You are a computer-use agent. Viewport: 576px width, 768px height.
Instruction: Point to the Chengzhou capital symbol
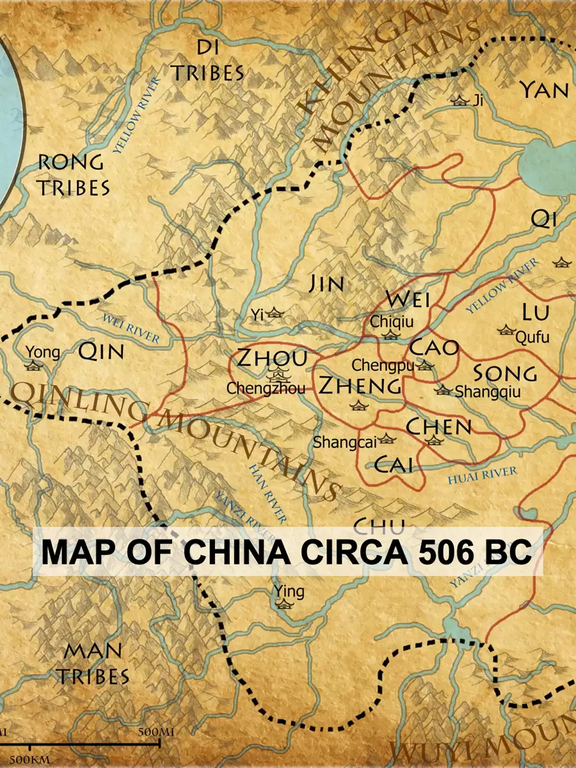278,374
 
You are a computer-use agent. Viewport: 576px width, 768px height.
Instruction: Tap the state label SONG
504,373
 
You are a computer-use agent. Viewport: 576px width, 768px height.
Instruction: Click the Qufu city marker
506,330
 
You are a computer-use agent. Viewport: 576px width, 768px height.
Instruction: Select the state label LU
535,312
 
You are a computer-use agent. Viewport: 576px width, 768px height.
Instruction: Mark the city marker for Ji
460,100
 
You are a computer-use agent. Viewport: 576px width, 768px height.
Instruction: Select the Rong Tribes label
72,175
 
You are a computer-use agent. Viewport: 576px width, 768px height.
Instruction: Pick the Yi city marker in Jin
275,313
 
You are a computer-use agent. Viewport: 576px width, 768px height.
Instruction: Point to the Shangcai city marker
386,439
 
